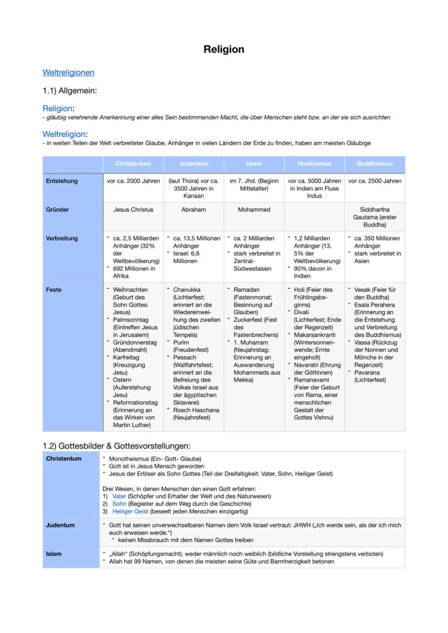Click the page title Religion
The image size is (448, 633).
point(223,50)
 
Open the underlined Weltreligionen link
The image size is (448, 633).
point(68,72)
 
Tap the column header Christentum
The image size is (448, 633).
point(133,163)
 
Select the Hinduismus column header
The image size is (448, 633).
point(314,163)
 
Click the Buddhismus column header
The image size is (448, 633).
point(375,163)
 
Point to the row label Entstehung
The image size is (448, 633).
point(62,181)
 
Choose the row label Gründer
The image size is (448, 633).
point(58,210)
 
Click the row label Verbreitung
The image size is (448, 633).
point(62,238)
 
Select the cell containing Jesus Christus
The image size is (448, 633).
point(133,210)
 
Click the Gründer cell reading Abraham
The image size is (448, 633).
point(194,210)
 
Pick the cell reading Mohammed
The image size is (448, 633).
point(254,210)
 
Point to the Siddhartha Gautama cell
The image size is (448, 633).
point(375,217)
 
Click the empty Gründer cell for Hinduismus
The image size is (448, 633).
point(314,217)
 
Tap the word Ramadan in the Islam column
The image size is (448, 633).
point(247,290)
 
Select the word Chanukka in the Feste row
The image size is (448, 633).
point(187,290)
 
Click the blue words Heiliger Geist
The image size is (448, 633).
point(130,511)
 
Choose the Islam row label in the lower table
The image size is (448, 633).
point(54,554)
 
